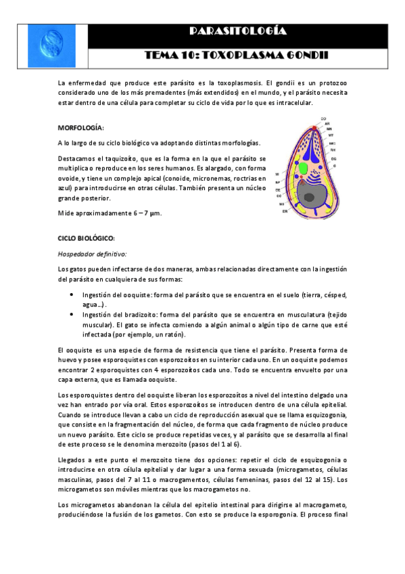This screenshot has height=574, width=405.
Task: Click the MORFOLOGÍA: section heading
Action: click(81, 127)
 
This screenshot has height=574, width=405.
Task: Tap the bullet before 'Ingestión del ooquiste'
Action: click(72, 296)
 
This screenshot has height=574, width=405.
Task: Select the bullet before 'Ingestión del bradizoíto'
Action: click(72, 315)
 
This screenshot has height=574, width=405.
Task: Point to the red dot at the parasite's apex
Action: click(314, 127)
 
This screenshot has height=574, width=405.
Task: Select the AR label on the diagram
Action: click(327, 124)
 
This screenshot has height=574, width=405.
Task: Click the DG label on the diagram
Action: click(333, 157)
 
